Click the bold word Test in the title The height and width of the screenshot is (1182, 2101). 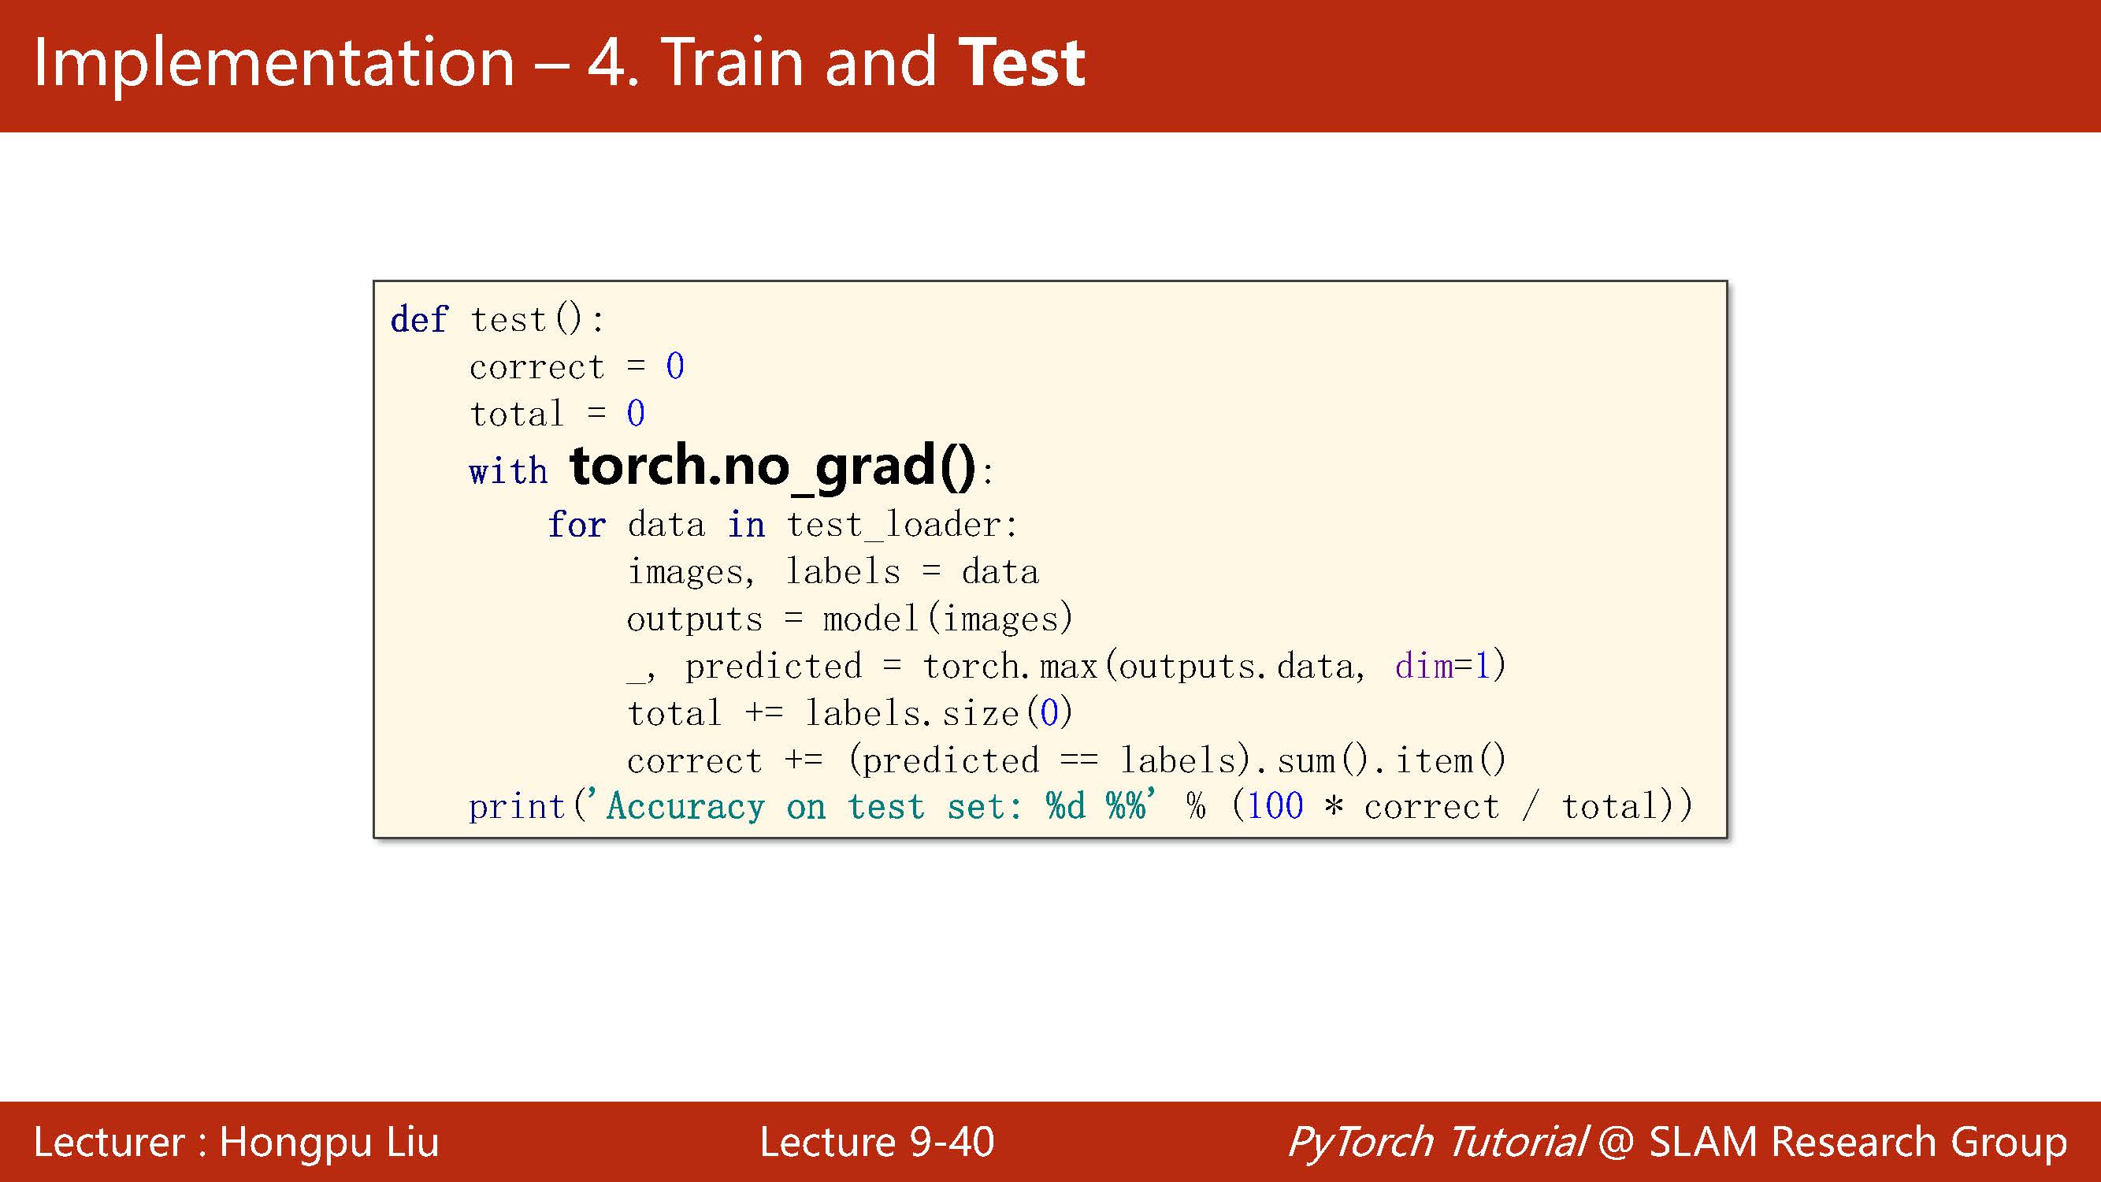pos(1021,63)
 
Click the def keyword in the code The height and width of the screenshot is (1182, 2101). pos(419,319)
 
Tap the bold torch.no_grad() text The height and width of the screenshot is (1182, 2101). pos(772,466)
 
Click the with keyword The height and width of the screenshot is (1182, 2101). pos(508,471)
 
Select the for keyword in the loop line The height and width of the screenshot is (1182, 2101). pos(577,525)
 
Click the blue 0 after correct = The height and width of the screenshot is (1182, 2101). pos(674,366)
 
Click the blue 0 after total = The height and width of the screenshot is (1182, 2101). pos(636,414)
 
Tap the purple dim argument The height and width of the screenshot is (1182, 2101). pos(1424,667)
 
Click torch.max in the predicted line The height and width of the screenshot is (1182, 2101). pos(1010,667)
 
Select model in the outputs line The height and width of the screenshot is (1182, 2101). pos(871,619)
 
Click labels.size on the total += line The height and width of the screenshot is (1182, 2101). pos(911,714)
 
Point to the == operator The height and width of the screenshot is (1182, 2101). pos(1079,761)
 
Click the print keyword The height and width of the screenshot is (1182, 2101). pos(517,807)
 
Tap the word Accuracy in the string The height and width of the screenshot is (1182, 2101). pos(686,807)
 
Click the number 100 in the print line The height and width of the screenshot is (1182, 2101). pos(1275,807)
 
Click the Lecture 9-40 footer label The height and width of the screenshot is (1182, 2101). pos(877,1141)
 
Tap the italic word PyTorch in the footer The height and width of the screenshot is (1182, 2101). pos(1359,1141)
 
